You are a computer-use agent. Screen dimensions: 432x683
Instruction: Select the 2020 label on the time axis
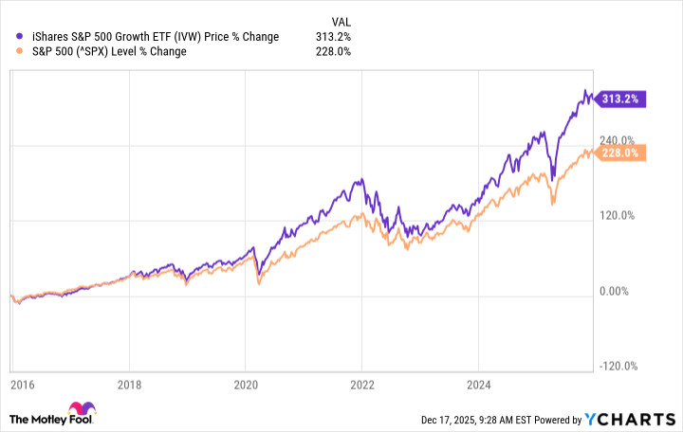click(x=245, y=387)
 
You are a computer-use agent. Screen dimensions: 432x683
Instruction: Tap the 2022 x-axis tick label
click(x=361, y=387)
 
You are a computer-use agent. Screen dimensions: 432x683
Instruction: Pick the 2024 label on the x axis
click(x=478, y=387)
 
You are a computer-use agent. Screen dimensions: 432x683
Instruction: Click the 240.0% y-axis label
click(x=618, y=140)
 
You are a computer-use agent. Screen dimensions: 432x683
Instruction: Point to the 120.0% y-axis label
click(x=618, y=215)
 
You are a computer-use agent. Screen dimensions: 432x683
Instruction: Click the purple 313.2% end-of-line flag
click(x=620, y=98)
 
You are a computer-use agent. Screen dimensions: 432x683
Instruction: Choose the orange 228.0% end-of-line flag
click(x=622, y=152)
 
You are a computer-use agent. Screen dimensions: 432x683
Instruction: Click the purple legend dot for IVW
click(x=21, y=37)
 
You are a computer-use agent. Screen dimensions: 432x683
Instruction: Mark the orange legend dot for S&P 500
click(x=21, y=52)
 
